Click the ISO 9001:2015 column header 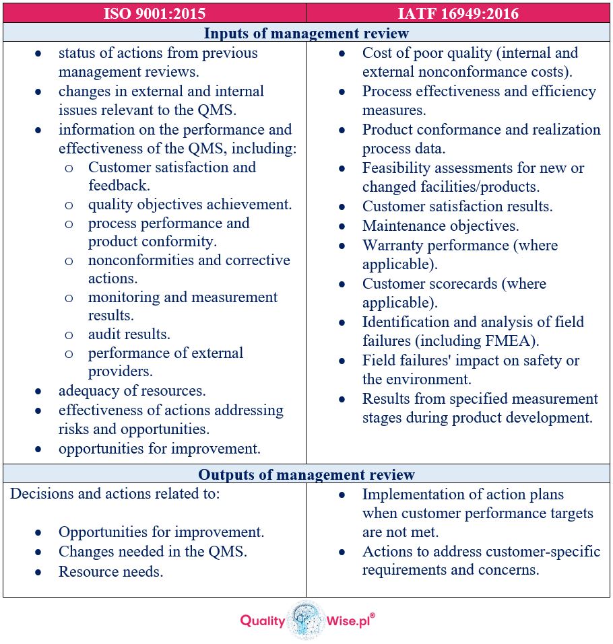pyautogui.click(x=154, y=12)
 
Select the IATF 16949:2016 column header pyautogui.click(x=459, y=12)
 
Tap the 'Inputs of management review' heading pyautogui.click(x=306, y=33)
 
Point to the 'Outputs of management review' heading pyautogui.click(x=306, y=474)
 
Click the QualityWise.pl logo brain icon pyautogui.click(x=306, y=619)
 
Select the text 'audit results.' pyautogui.click(x=129, y=334)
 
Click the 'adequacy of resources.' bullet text pyautogui.click(x=132, y=390)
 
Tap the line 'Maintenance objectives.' pyautogui.click(x=441, y=226)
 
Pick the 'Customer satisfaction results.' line pyautogui.click(x=457, y=207)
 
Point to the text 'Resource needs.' pyautogui.click(x=110, y=571)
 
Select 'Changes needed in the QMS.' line pyautogui.click(x=153, y=552)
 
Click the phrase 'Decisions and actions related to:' pyautogui.click(x=115, y=493)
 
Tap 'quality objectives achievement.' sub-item pyautogui.click(x=190, y=205)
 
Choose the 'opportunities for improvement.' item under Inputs pyautogui.click(x=159, y=448)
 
